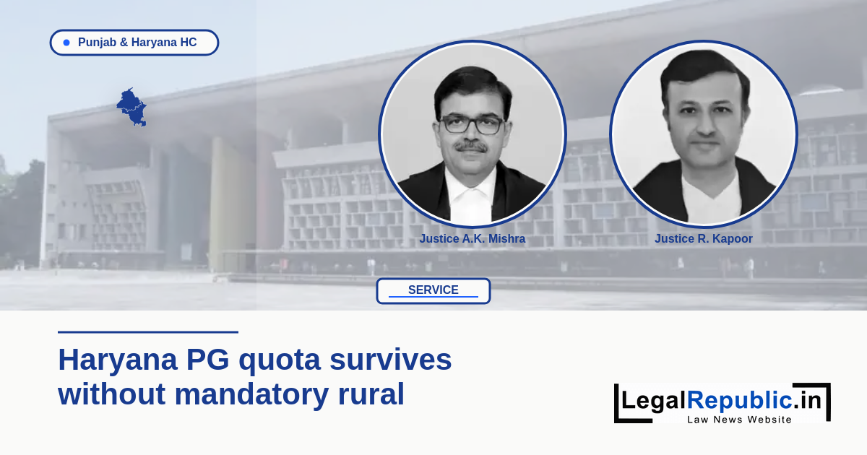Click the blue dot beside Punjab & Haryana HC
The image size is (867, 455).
[66, 43]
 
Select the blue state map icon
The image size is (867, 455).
[131, 107]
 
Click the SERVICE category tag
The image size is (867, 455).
[433, 290]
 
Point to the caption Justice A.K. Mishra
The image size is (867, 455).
[473, 239]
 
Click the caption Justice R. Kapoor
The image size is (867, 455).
[703, 239]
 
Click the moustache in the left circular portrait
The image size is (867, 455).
[470, 147]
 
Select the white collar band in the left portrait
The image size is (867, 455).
[471, 197]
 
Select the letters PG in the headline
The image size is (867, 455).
[208, 360]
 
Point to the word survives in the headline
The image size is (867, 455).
[391, 360]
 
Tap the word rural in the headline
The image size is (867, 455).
[371, 394]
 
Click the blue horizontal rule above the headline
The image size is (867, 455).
[148, 332]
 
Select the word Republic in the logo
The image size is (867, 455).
[740, 399]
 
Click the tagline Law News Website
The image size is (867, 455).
[739, 420]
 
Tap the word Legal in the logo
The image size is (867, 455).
[654, 400]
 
